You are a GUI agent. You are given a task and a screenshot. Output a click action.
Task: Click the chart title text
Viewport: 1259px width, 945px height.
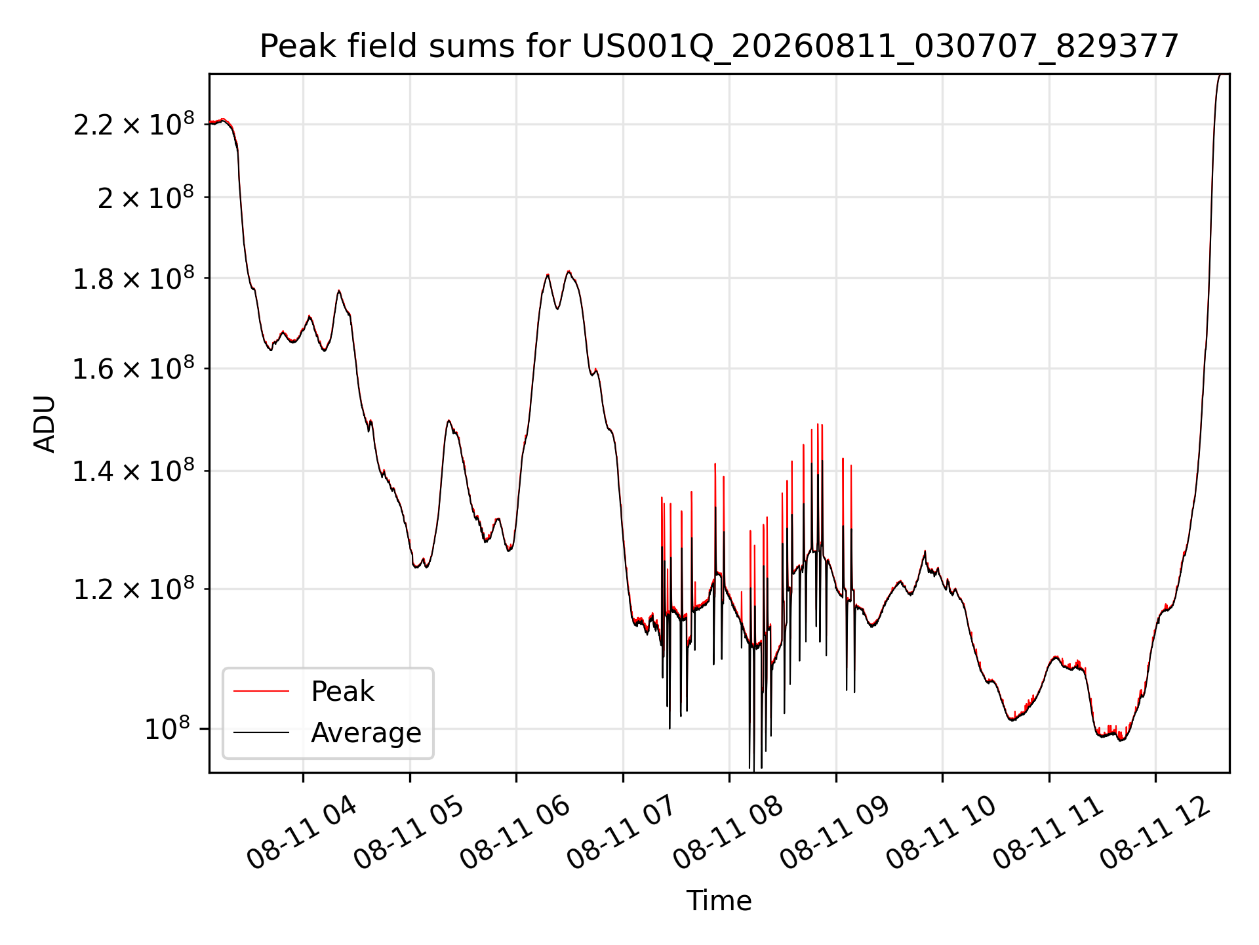[719, 47]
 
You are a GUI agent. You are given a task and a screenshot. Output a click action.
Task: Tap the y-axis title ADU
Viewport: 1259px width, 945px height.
[45, 424]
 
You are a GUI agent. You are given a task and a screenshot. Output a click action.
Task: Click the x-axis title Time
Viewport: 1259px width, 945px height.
[719, 901]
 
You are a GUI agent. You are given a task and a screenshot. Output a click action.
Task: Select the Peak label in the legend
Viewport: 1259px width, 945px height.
[342, 691]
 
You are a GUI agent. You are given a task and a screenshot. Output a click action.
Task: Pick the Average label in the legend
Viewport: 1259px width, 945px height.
[366, 732]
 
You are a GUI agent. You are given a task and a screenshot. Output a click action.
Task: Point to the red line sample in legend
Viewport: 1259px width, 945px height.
[261, 691]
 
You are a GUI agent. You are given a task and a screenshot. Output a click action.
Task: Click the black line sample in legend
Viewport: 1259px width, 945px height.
[261, 732]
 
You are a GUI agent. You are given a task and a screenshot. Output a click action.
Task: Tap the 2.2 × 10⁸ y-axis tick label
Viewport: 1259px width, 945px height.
[134, 124]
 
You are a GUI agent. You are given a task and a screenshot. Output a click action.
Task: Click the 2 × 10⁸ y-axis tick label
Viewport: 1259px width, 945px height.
[146, 197]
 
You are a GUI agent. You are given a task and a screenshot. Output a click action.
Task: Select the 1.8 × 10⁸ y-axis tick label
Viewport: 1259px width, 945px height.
[134, 278]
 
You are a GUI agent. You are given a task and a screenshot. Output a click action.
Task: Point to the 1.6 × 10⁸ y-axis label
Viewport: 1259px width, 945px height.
[134, 369]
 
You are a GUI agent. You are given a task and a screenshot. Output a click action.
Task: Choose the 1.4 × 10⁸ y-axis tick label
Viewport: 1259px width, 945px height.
[134, 471]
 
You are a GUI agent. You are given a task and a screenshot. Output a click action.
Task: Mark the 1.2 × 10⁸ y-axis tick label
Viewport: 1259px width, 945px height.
[134, 589]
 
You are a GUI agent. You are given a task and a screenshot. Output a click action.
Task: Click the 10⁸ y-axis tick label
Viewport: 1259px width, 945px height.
[167, 728]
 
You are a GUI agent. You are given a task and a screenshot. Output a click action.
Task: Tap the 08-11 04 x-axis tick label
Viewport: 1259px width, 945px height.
[302, 833]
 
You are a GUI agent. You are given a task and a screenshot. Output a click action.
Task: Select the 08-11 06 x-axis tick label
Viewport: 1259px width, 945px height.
[515, 833]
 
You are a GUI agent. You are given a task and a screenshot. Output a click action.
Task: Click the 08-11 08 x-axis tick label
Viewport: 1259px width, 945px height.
[728, 833]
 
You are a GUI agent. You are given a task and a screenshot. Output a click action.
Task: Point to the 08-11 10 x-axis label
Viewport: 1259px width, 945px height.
[941, 833]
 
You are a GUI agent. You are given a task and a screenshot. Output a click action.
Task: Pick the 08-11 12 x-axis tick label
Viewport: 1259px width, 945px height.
[1154, 833]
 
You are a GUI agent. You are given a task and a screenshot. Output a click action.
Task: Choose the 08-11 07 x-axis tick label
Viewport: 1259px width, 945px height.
[622, 833]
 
